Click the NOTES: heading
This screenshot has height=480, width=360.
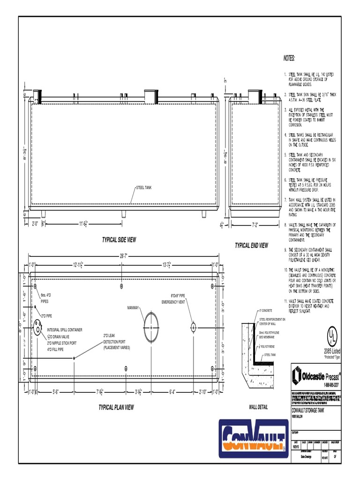[289, 58]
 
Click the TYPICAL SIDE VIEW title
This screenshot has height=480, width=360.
[119, 240]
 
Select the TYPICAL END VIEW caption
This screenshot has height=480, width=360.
[251, 246]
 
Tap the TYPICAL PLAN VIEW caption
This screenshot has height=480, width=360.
[116, 407]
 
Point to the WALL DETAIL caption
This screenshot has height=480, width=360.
[258, 407]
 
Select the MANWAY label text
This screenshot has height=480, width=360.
[133, 307]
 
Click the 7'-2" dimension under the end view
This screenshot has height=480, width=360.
[255, 225]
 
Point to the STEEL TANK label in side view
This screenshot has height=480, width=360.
[143, 187]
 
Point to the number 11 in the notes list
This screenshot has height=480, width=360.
[285, 300]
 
